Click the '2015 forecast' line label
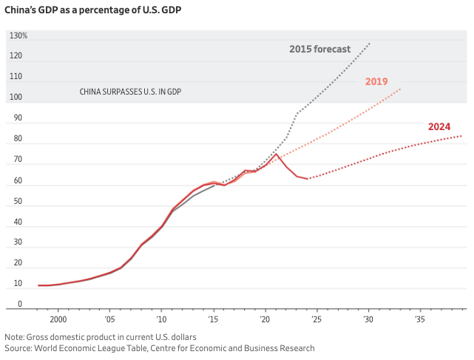coord(319,50)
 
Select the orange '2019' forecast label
coord(376,81)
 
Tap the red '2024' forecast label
coord(439,126)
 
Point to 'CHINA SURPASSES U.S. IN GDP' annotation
coord(130,92)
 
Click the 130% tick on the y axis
coord(18,35)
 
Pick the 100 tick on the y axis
coord(16,98)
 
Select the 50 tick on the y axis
coord(16,202)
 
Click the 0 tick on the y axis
coord(19,305)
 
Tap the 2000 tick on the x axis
coord(58,319)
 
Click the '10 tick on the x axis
coord(161,319)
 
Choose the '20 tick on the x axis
coord(265,319)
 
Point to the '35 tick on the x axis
coord(419,319)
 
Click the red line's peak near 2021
coord(277,154)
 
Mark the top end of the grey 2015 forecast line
coord(370,43)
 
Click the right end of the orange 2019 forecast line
coord(401,89)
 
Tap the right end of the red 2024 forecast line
coord(462,135)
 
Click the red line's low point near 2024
coord(308,179)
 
